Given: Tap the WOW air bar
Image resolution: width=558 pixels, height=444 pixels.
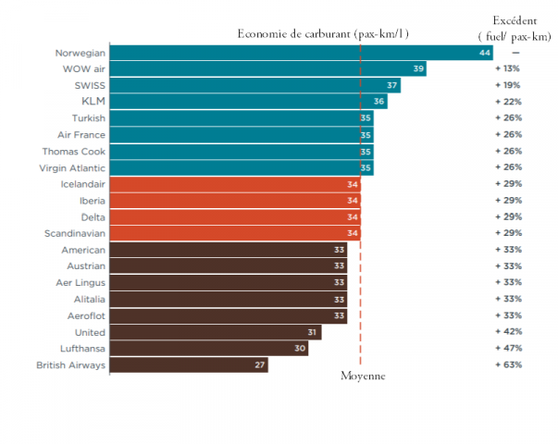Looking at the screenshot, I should click(x=268, y=69).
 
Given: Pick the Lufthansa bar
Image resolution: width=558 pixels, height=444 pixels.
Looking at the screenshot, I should click(x=209, y=349).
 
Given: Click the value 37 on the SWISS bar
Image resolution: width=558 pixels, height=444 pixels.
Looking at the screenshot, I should click(x=392, y=86).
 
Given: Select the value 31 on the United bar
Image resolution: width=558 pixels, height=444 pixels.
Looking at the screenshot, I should click(x=313, y=332).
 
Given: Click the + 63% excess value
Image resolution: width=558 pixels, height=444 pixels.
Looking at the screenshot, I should click(x=508, y=365).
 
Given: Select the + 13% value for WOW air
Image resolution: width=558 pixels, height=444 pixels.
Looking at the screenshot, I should click(x=508, y=69).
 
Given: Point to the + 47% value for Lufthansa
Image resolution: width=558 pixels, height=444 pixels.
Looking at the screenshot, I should click(x=508, y=349).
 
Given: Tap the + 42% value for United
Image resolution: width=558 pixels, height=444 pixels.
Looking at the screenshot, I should click(x=508, y=332).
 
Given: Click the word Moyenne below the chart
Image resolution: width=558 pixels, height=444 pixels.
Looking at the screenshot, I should click(x=362, y=376).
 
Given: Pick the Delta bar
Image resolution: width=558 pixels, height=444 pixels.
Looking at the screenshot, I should click(x=235, y=217).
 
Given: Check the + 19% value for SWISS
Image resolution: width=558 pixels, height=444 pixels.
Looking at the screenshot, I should click(x=508, y=86).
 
